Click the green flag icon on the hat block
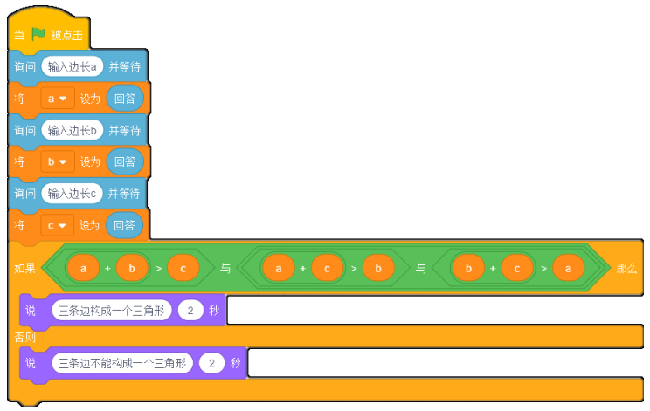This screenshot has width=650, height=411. click(x=38, y=33)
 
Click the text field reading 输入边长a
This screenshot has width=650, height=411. click(x=73, y=66)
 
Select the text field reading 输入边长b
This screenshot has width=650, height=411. click(x=73, y=130)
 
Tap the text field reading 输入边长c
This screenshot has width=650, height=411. click(x=72, y=194)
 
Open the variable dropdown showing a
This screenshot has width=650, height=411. click(x=57, y=99)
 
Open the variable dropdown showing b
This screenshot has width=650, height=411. click(x=57, y=161)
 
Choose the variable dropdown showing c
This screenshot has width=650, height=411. click(x=57, y=225)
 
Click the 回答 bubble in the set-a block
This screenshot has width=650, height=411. click(x=125, y=99)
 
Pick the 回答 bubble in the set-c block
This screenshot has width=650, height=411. click(x=124, y=225)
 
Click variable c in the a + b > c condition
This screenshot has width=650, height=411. click(x=183, y=268)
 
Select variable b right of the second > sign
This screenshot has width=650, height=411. click(x=378, y=268)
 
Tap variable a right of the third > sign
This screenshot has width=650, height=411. click(x=569, y=268)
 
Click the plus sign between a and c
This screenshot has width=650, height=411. click(x=303, y=269)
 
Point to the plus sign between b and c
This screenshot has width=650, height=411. click(x=493, y=269)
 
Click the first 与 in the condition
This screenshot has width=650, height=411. click(x=225, y=268)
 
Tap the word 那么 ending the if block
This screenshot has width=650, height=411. click(x=626, y=268)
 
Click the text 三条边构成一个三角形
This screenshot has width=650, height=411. click(x=112, y=311)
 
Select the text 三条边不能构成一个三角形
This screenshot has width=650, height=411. click(x=122, y=363)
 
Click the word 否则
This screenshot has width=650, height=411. click(x=24, y=338)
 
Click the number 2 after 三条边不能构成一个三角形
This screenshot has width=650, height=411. click(x=211, y=363)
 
